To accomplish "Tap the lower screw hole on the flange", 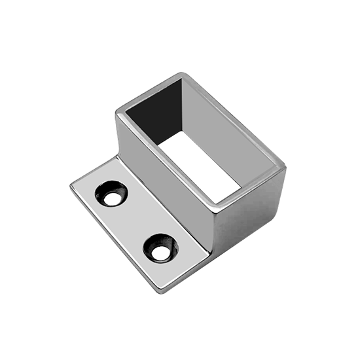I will coord(158,245).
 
